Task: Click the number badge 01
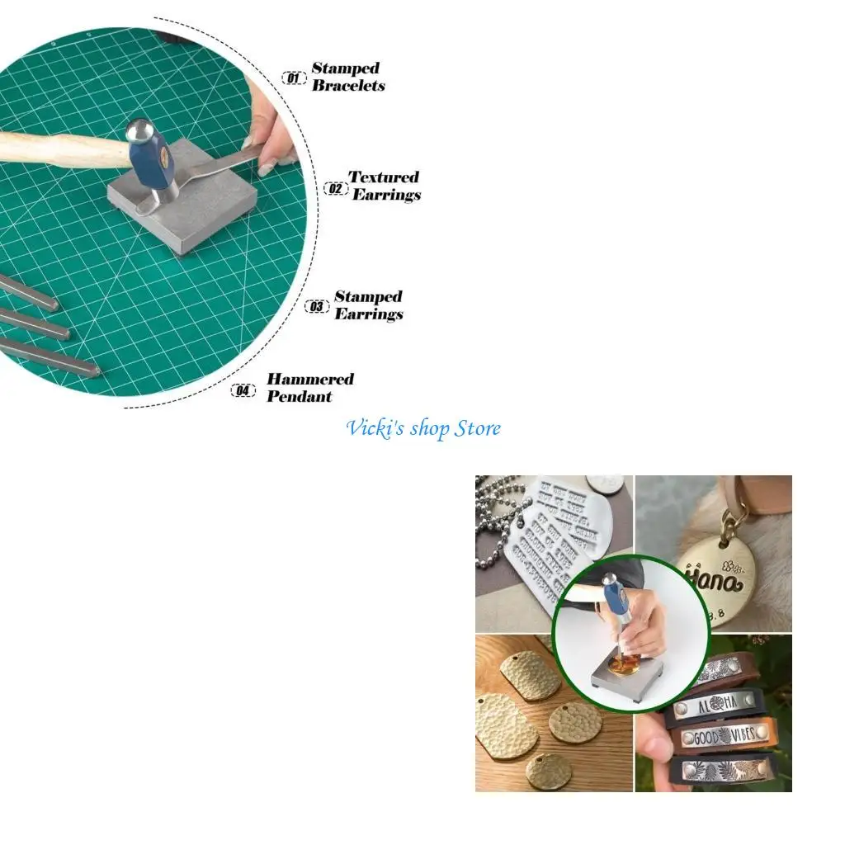(x=293, y=78)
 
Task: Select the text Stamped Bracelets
(x=347, y=77)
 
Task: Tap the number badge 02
(x=335, y=188)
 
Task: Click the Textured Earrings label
(x=385, y=186)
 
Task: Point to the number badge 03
(x=317, y=307)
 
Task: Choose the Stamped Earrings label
(x=368, y=304)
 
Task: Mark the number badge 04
(x=243, y=390)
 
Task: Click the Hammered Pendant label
(x=309, y=388)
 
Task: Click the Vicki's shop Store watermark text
(x=423, y=428)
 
